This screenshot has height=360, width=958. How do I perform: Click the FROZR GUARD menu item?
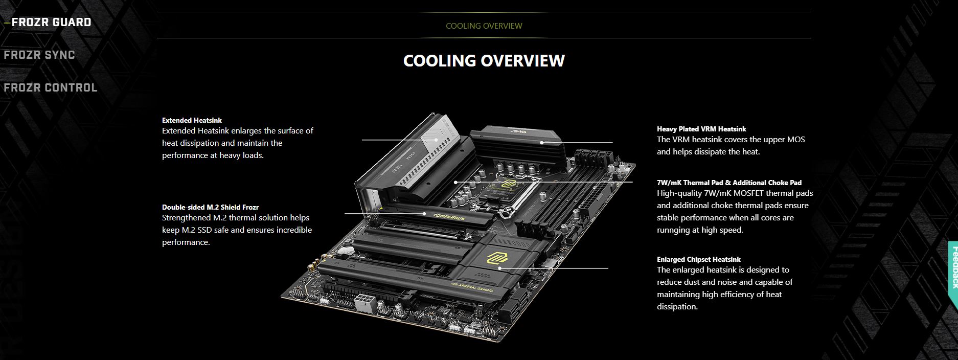click(x=51, y=22)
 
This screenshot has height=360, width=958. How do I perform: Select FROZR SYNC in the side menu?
click(x=39, y=55)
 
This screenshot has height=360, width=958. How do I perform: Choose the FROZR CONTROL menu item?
click(x=51, y=88)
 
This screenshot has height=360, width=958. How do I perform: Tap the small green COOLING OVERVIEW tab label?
click(x=484, y=26)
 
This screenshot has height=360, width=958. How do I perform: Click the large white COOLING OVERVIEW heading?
click(x=484, y=60)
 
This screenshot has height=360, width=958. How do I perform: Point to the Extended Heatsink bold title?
click(x=192, y=120)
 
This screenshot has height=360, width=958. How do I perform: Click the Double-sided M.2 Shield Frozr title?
click(x=210, y=207)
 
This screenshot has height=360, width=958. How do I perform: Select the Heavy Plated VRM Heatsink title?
click(x=701, y=129)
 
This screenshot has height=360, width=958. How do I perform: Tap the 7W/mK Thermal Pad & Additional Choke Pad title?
click(x=729, y=183)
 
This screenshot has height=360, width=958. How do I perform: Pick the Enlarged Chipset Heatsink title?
click(x=698, y=259)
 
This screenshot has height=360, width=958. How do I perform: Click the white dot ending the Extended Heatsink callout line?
click(x=437, y=139)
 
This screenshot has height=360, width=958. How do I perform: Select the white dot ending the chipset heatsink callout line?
click(x=499, y=268)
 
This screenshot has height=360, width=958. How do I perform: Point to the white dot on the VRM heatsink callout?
click(x=542, y=143)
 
